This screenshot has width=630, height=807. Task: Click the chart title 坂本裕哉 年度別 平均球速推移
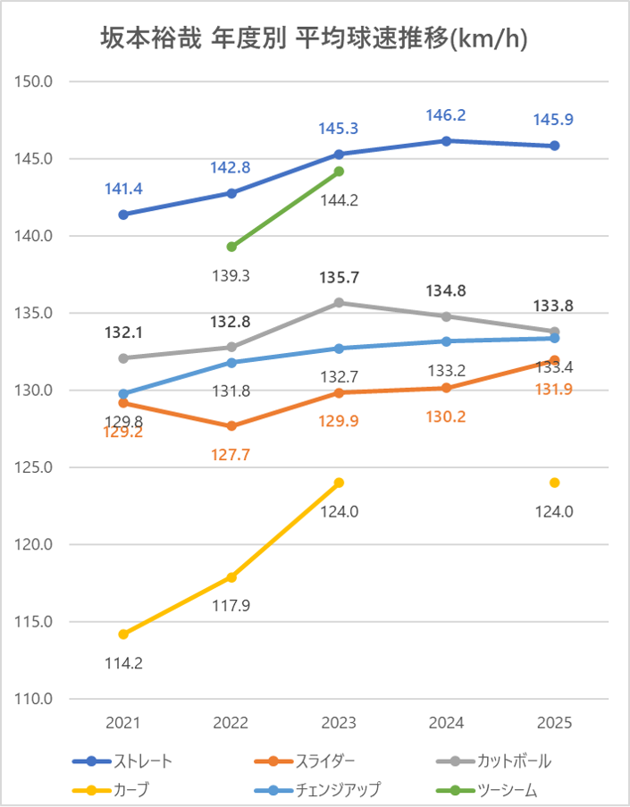coord(315,38)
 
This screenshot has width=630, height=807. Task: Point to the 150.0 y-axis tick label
coord(37,81)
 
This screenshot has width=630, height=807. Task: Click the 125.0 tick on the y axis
coord(37,467)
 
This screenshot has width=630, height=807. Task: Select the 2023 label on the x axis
coord(339,722)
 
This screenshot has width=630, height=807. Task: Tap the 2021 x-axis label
coord(123,722)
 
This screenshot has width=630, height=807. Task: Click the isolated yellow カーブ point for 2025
coord(555,483)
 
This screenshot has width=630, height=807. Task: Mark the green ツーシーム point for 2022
coord(231,247)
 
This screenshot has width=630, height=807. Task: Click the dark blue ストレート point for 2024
coord(447,140)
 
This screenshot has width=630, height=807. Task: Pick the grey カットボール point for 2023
coord(339,303)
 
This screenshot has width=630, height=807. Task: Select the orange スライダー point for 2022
coord(231,426)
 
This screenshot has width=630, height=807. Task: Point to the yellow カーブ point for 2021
coord(123,635)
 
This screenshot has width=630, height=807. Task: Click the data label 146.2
coord(447,115)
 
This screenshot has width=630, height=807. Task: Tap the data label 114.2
coord(123,663)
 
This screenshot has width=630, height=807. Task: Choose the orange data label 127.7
coord(231,454)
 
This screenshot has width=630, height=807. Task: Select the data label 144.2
coord(339,200)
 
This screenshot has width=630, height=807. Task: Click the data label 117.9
coord(231,606)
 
